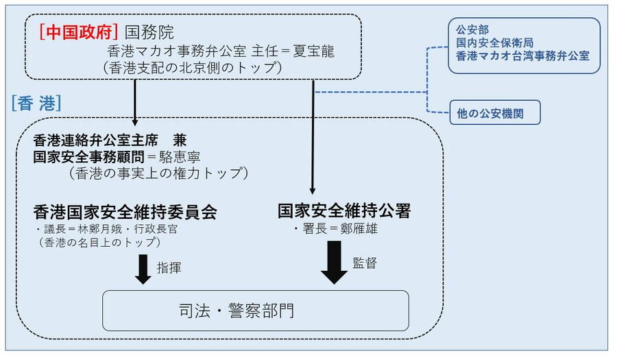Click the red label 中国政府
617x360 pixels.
point(80,32)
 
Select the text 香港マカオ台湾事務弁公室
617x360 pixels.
point(522,56)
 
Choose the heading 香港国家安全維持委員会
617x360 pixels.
point(125,212)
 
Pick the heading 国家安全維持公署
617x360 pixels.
point(344,211)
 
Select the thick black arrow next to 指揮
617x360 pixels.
point(143,269)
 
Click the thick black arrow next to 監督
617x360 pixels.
point(334,261)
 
